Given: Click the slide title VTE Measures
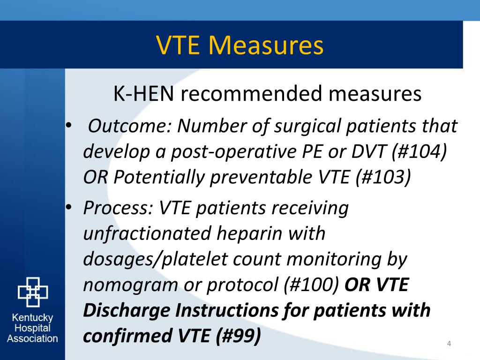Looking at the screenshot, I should click(x=240, y=45).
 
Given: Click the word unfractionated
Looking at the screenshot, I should click(x=141, y=233).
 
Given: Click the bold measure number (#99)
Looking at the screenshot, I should click(x=238, y=336).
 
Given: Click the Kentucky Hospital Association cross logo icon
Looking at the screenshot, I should click(x=32, y=292).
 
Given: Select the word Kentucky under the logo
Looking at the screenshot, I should click(x=32, y=318).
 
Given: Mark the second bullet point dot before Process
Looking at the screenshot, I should click(x=69, y=207).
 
